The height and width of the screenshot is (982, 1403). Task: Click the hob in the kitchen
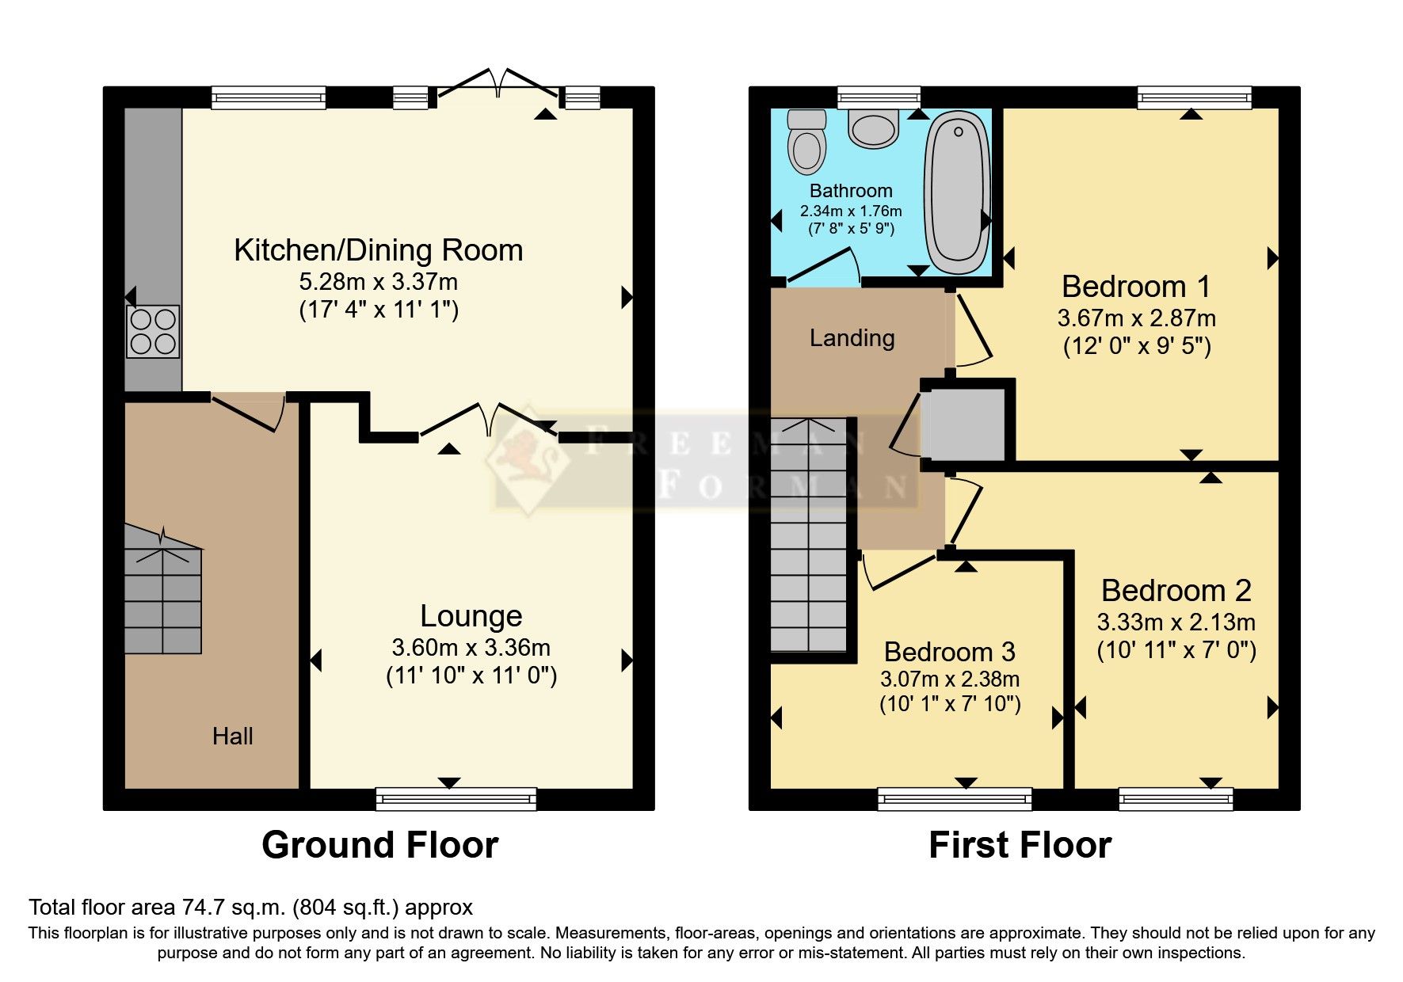pyautogui.click(x=153, y=331)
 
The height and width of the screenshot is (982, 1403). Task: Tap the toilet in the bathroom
pyautogui.click(x=806, y=142)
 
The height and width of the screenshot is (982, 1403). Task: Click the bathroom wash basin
pyautogui.click(x=873, y=128)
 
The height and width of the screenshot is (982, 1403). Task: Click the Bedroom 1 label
pyautogui.click(x=1136, y=286)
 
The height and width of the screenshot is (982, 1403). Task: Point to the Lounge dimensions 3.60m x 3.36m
pyautogui.click(x=471, y=647)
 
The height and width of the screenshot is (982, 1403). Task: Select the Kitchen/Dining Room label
pyautogui.click(x=378, y=250)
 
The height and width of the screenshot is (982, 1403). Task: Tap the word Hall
pyautogui.click(x=232, y=736)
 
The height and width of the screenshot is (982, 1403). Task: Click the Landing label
pyautogui.click(x=852, y=338)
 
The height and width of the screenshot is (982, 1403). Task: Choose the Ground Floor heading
pyautogui.click(x=379, y=845)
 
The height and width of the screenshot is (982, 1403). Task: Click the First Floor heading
pyautogui.click(x=1020, y=845)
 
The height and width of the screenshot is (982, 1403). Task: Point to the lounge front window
pyautogui.click(x=456, y=798)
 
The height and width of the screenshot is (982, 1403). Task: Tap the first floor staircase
pyautogui.click(x=808, y=539)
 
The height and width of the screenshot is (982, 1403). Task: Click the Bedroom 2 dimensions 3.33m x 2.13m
pyautogui.click(x=1176, y=622)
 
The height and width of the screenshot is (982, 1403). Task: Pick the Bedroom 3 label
pyautogui.click(x=949, y=652)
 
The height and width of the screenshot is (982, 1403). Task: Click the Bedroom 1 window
pyautogui.click(x=1194, y=97)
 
